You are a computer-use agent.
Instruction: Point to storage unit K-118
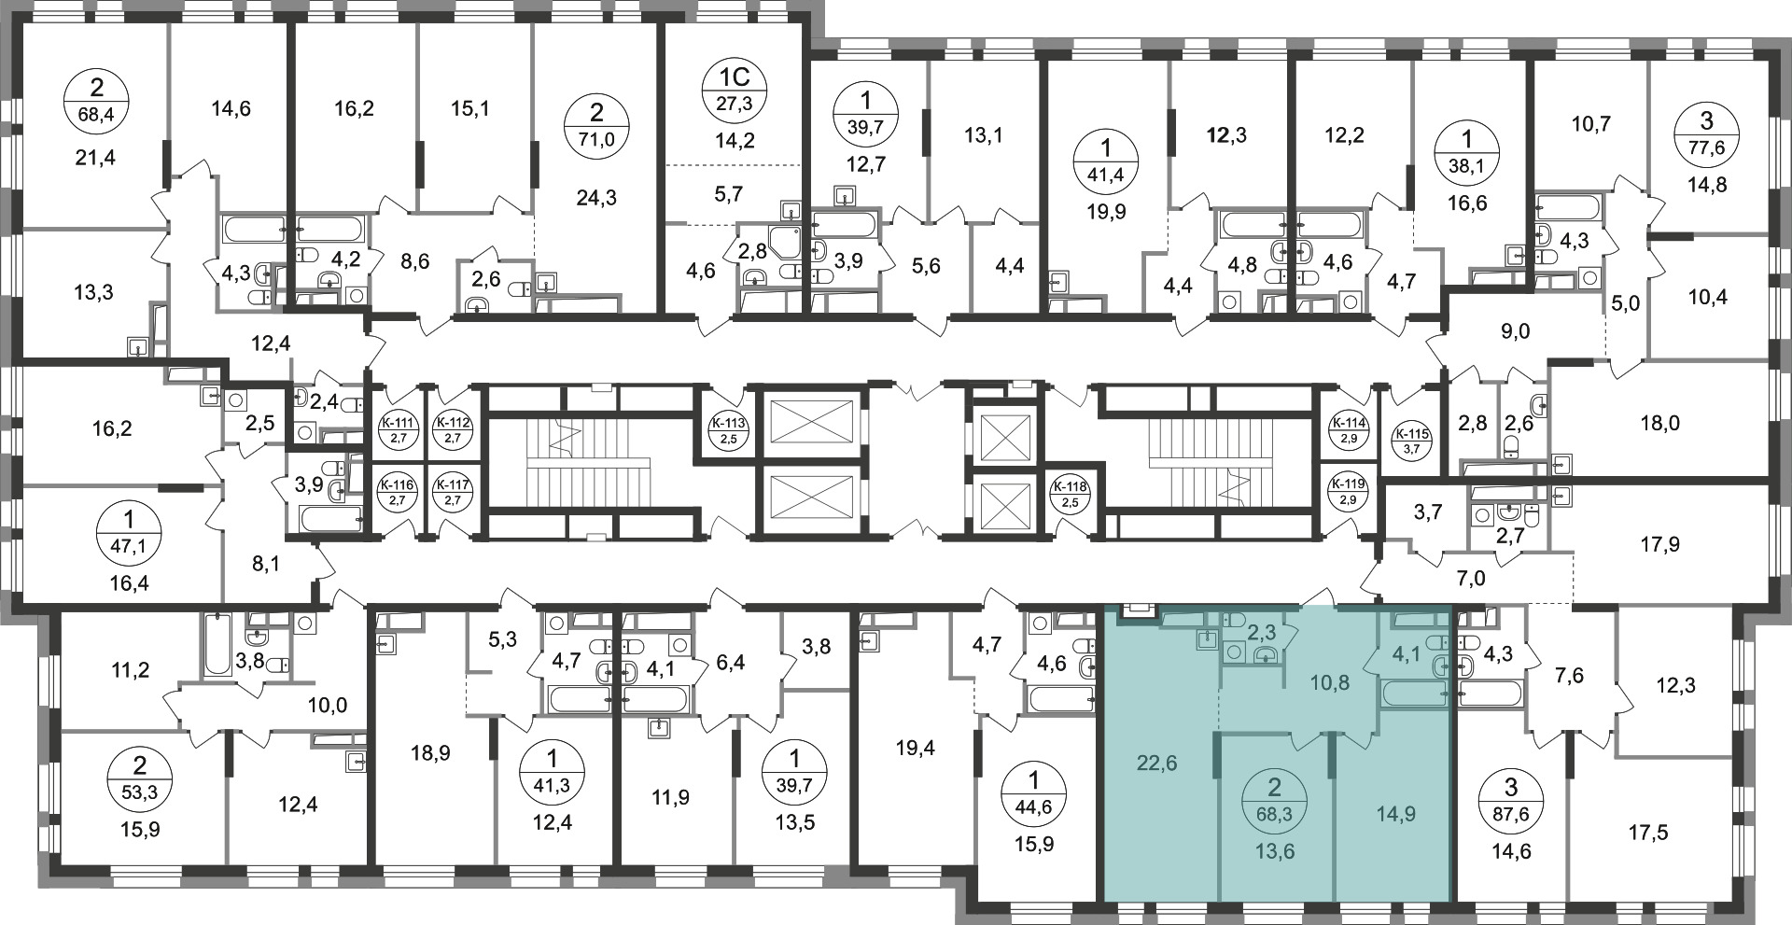tap(1069, 492)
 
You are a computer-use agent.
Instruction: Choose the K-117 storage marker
tap(453, 492)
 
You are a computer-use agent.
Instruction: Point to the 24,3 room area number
tap(596, 198)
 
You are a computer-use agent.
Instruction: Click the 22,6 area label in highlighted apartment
tap(1157, 763)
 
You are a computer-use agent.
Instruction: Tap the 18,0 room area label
tap(1659, 424)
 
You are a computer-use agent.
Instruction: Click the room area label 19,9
tap(1107, 211)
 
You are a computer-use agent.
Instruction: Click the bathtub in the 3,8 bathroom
tap(217, 645)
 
